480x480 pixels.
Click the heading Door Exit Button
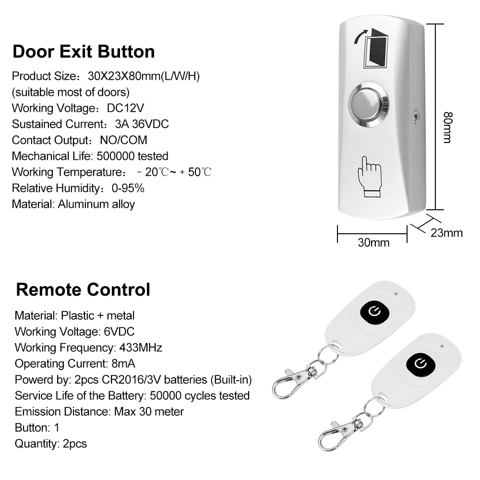tap(84, 51)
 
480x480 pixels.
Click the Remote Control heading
tap(83, 289)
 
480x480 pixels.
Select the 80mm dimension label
tap(447, 128)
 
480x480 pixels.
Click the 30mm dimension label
tap(373, 243)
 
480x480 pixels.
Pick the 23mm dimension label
tap(446, 233)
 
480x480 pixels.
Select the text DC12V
tap(126, 108)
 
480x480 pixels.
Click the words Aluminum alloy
tap(96, 204)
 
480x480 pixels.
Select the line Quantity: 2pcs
tap(51, 444)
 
